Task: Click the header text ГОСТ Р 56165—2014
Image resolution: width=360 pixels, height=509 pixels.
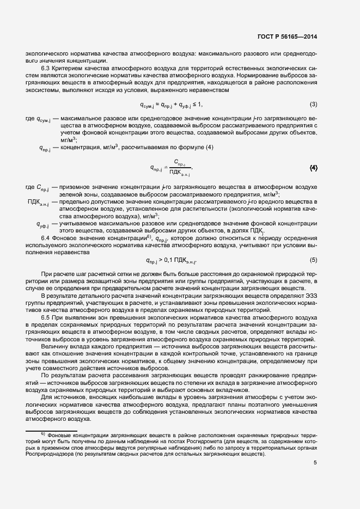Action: pyautogui.click(x=286, y=37)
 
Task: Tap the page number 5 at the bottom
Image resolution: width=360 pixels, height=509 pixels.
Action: pyautogui.click(x=315, y=463)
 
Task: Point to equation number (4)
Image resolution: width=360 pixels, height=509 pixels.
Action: pyautogui.click(x=313, y=168)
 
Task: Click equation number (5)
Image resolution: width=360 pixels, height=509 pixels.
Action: pyautogui.click(x=313, y=260)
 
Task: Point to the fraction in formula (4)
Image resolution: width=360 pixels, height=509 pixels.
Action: pyautogui.click(x=180, y=168)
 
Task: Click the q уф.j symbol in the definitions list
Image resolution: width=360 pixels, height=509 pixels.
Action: pyautogui.click(x=42, y=224)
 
